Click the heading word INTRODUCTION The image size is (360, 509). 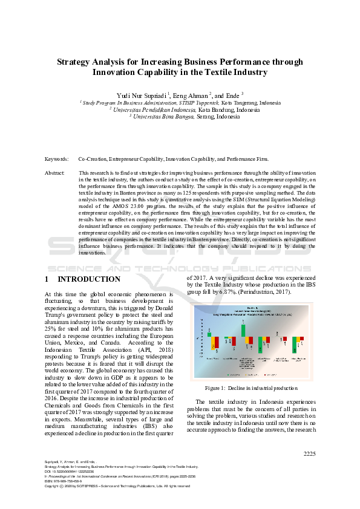pyautogui.click(x=89, y=279)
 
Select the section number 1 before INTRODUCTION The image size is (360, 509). pyautogui.click(x=47, y=279)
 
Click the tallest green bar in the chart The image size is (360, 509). pyautogui.click(x=243, y=330)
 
